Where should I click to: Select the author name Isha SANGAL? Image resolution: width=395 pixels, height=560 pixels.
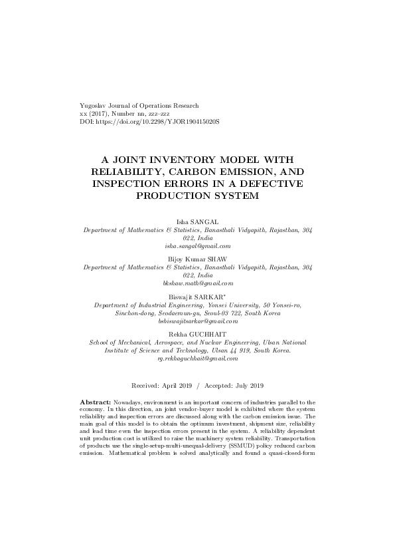point(197,220)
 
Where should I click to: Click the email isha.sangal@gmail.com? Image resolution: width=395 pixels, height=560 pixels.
point(197,245)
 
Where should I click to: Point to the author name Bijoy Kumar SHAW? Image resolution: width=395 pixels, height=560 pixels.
point(197,257)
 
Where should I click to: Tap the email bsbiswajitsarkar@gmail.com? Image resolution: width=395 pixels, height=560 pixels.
point(197,321)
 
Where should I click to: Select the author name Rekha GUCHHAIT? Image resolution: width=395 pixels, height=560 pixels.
point(197,332)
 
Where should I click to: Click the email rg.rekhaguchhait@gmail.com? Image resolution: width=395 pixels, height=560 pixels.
point(197,358)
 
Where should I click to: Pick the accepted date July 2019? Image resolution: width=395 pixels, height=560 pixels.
point(248,386)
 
